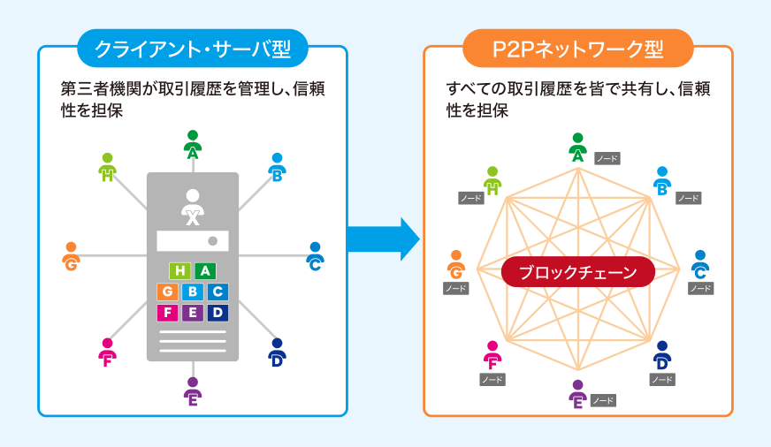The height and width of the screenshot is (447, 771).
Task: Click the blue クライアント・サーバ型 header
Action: click(x=193, y=48)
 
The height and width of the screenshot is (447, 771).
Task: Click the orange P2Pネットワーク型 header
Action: click(x=577, y=48)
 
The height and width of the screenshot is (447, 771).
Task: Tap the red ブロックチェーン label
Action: click(x=577, y=273)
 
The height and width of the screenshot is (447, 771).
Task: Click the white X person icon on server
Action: click(x=192, y=206)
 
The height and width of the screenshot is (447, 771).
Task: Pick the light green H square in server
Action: click(x=180, y=271)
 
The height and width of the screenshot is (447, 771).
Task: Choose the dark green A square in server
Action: click(x=205, y=271)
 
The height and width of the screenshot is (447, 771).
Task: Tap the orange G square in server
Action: click(x=168, y=292)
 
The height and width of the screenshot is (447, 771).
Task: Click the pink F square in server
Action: click(x=168, y=313)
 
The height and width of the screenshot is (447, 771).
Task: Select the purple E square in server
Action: click(x=193, y=313)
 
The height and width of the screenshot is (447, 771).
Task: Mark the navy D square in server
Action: click(x=218, y=313)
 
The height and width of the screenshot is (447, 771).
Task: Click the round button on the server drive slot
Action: click(x=213, y=241)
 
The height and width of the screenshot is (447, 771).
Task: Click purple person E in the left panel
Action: click(x=192, y=391)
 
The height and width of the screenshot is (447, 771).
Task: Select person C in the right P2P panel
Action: click(x=699, y=264)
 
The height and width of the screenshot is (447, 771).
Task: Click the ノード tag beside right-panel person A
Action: click(x=607, y=159)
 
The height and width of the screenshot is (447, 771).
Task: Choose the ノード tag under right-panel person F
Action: click(x=492, y=380)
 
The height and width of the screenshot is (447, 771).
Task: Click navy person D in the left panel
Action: click(x=277, y=352)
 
